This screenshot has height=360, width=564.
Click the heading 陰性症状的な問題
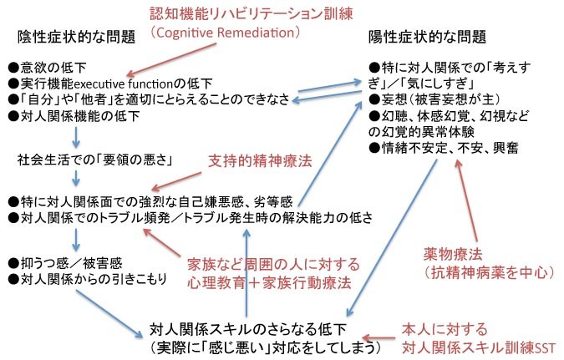pos(76,37)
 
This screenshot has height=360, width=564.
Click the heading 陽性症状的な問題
pos(427,37)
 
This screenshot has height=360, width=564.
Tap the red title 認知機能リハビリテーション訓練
pos(252,13)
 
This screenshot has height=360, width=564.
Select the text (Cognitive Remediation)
pos(225,33)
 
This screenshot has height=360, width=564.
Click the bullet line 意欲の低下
pos(48,68)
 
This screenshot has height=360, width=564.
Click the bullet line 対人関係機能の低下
pos(74,116)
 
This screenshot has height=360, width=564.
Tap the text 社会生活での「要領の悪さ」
pos(95,160)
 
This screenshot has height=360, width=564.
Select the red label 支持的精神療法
pos(260,160)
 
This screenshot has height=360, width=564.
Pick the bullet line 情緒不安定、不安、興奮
pos(444,148)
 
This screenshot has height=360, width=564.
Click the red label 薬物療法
pos(453,254)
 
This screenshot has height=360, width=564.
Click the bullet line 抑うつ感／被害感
pos(65,263)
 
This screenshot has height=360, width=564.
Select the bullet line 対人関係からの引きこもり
pos(88,279)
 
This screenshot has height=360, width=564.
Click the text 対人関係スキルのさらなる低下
pos(248,329)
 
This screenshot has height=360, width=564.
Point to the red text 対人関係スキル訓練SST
pos(479,347)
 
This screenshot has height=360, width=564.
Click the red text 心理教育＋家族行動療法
pos(269,282)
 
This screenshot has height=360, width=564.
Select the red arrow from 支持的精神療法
pos(176,181)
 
